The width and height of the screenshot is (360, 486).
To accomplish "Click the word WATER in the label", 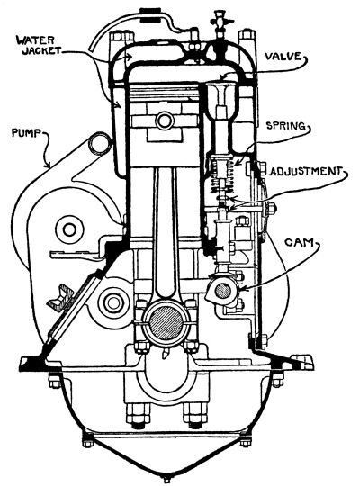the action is tap(36, 40).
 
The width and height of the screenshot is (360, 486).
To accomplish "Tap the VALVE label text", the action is tap(283, 57).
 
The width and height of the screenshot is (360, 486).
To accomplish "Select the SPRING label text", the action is tap(286, 126).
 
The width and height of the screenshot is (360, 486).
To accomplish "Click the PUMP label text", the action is tap(26, 133).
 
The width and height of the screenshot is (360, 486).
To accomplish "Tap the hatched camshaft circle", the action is tap(223, 291).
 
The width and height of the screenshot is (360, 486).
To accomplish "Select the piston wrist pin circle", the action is tap(164, 121).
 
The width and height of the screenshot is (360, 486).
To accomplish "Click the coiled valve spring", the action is tap(222, 175).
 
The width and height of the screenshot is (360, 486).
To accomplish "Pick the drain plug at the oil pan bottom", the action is tap(167, 479).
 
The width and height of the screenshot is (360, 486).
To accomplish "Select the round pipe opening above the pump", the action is tap(98, 142).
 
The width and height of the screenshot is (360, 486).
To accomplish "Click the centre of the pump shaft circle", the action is tap(68, 230).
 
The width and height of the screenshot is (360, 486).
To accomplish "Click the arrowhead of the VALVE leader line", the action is tap(222, 76).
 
